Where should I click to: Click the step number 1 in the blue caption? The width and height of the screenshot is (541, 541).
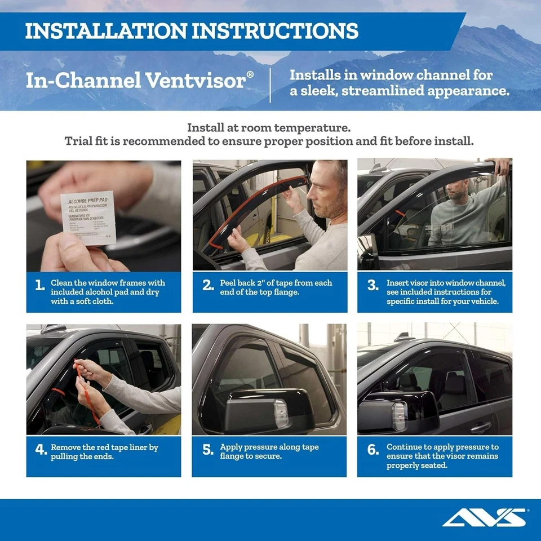point(39,285)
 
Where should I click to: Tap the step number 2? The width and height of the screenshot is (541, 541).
point(207,285)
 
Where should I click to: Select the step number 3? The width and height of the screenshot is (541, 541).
point(373,285)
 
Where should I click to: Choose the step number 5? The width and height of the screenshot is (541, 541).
point(207,450)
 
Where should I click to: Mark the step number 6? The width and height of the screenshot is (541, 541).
point(373,450)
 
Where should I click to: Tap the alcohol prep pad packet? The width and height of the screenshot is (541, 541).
point(88,218)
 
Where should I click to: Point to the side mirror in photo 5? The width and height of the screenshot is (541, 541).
point(265,412)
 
